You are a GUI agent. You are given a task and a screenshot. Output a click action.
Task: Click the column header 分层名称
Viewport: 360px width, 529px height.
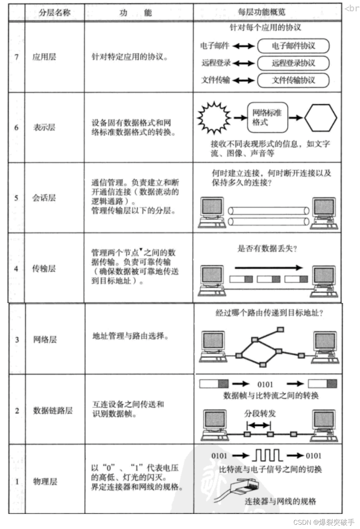[55, 13]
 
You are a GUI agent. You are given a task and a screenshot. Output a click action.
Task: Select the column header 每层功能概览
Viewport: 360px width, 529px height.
[262, 12]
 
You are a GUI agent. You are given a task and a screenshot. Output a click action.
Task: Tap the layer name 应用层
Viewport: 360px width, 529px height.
[44, 57]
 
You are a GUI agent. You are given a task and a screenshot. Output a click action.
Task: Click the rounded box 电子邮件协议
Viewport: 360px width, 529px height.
[293, 46]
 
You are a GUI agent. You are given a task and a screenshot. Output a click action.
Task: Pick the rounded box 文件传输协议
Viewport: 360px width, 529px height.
[293, 80]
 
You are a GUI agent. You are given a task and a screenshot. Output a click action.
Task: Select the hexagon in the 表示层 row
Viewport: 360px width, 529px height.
[320, 118]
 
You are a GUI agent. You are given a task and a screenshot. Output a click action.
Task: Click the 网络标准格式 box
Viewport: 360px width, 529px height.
[267, 117]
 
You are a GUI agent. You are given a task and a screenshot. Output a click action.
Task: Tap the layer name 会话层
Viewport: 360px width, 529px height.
[44, 198]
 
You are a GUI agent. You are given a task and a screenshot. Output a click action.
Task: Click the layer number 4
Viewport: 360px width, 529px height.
[16, 268]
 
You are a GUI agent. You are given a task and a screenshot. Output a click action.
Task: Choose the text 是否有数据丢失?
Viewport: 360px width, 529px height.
[267, 248]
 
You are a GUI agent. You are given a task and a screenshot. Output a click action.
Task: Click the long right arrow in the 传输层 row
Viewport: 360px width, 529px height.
[268, 268]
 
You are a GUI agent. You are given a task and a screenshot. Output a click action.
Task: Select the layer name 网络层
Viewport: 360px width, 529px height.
[45, 339]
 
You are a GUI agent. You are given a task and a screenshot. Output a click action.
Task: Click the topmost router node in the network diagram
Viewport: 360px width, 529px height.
[281, 329]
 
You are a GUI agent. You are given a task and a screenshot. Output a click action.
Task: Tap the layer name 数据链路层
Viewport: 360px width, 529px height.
[53, 410]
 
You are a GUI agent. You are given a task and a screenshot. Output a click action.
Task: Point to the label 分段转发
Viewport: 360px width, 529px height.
[260, 414]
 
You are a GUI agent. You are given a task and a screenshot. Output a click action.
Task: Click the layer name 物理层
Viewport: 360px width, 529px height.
[45, 482]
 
